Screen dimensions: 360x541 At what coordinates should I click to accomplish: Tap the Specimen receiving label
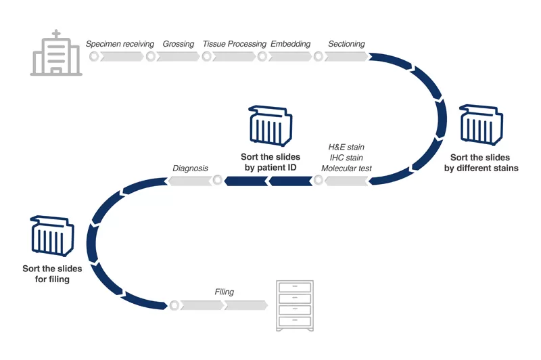(120, 44)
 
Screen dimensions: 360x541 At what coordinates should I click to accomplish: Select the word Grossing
(179, 44)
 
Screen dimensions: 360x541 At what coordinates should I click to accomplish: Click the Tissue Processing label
(234, 44)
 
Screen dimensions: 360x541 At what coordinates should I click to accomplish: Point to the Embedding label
(290, 44)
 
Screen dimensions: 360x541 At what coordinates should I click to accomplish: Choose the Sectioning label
(346, 44)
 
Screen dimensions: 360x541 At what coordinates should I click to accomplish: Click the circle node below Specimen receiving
(94, 57)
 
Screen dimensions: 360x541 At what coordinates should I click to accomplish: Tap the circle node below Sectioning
(319, 57)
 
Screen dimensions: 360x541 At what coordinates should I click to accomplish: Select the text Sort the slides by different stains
(481, 162)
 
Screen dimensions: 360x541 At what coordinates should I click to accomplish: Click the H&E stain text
(346, 147)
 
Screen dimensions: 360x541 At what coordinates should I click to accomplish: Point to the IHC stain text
(346, 158)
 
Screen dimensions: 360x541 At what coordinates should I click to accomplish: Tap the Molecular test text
(346, 168)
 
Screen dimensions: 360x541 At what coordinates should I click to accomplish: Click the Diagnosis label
(190, 168)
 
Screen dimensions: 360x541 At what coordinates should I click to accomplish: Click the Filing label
(224, 292)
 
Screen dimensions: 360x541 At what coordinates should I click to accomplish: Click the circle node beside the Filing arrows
(174, 305)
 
